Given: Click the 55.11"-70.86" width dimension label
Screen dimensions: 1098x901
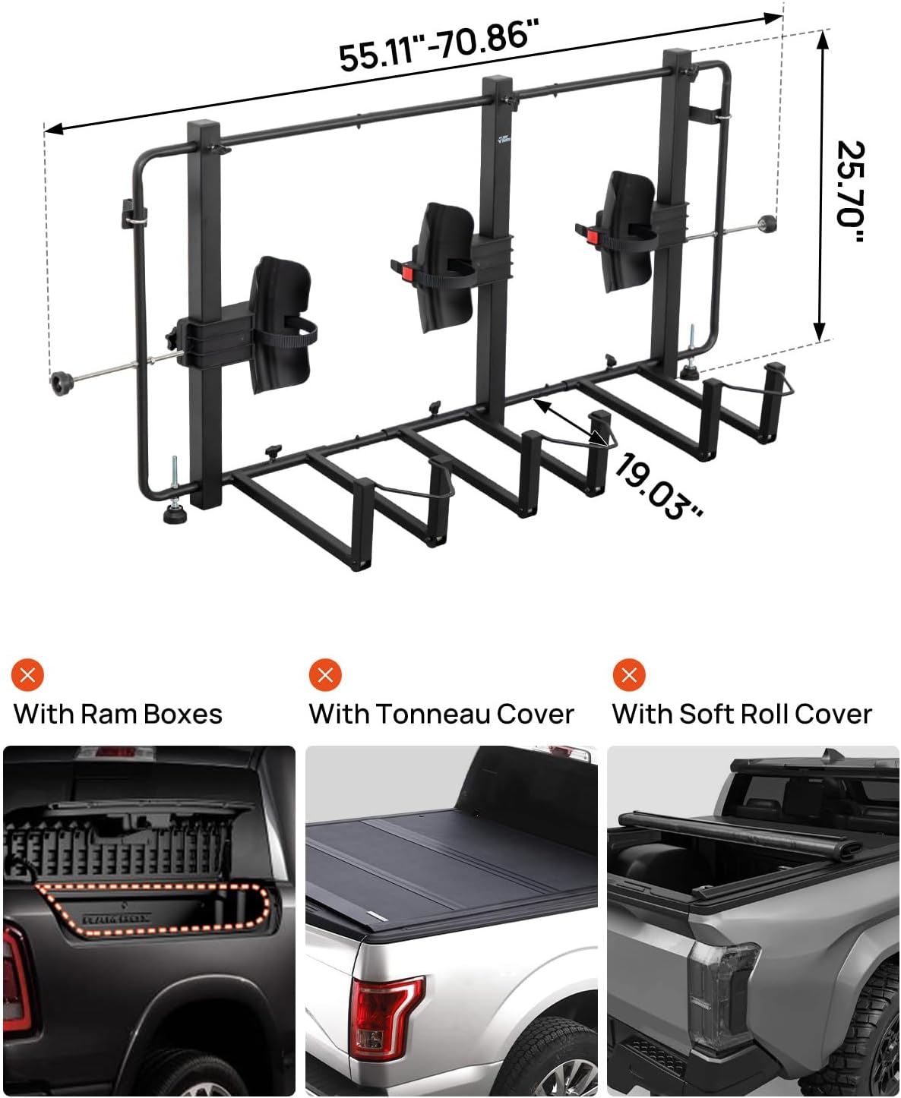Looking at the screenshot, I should pos(438,45).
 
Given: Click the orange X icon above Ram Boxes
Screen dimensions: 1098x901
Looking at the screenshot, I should pos(28,674).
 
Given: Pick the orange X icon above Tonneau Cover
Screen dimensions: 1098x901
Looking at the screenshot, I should pos(325,674).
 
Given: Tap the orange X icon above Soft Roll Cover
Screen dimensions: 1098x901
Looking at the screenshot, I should pos(629,674).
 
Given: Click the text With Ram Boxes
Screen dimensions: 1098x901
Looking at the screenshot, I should pos(118,715).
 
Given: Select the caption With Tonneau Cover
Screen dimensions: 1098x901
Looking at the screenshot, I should pos(441,715).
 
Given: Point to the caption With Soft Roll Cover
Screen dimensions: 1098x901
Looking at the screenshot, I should pos(741,715).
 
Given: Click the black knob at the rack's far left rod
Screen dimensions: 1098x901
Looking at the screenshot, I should pos(60,380).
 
